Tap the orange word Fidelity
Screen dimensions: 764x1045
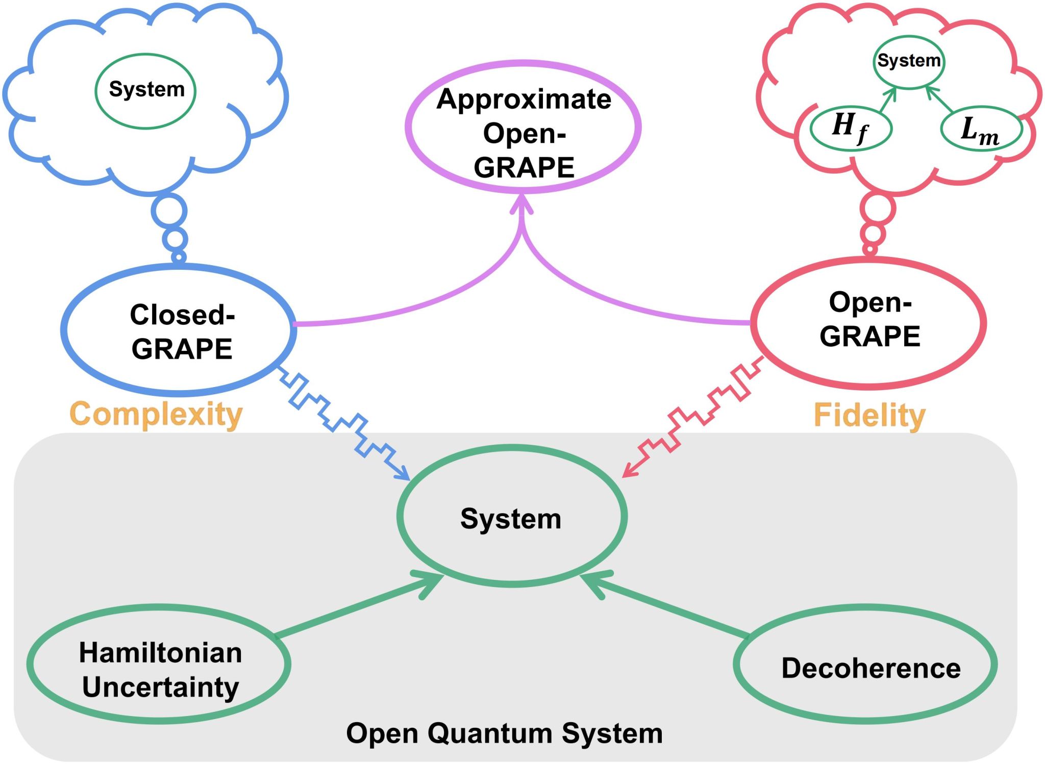pos(869,415)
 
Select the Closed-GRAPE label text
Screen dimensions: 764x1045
pos(182,332)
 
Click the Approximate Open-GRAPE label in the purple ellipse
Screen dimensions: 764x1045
pos(524,133)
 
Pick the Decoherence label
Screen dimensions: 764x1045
pos(871,668)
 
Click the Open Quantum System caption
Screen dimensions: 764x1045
pos(504,733)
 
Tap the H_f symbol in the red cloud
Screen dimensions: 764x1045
pos(850,128)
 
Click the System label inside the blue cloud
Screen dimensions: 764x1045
pos(146,89)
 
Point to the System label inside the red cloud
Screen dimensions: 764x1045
pos(909,60)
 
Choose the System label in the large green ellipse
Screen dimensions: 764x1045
pos(511,519)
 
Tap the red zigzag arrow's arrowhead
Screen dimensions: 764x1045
pos(628,473)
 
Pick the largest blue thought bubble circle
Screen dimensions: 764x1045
pos(169,211)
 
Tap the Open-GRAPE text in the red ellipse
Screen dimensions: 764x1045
pos(870,319)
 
